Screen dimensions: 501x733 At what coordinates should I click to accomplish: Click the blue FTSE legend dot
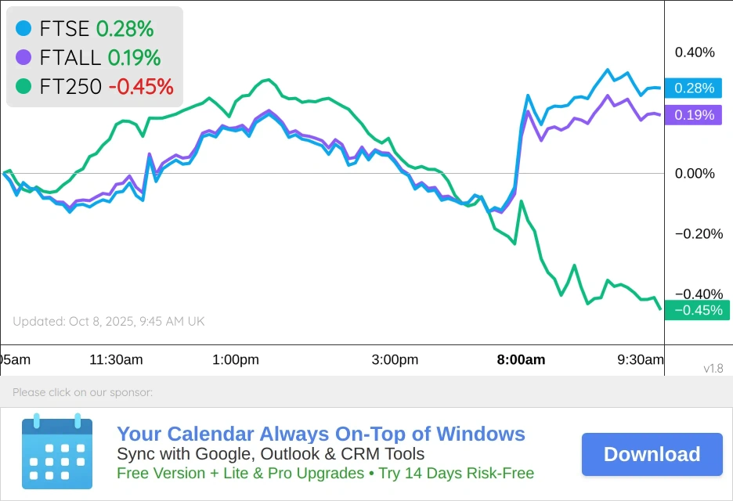click(x=23, y=29)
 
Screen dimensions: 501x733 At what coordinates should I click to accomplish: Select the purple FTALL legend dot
click(x=23, y=57)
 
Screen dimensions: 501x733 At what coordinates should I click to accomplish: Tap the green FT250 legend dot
click(x=23, y=86)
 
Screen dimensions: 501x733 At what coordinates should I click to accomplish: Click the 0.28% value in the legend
click(x=125, y=29)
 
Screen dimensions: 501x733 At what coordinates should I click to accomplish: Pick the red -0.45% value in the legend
click(x=140, y=86)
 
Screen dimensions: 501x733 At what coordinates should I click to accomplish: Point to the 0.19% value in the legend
click(x=134, y=57)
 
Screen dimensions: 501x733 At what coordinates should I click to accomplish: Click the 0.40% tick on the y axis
click(x=695, y=52)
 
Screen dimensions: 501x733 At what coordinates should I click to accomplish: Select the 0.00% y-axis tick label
click(x=695, y=173)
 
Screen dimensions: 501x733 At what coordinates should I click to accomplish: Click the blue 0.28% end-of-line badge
click(x=694, y=88)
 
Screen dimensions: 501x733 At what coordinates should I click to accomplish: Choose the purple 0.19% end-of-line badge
click(x=694, y=115)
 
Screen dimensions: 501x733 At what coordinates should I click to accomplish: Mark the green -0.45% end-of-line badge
click(x=697, y=310)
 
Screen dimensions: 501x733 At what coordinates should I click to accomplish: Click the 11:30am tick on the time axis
click(x=116, y=360)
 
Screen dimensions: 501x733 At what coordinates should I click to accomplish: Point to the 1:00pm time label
click(x=235, y=360)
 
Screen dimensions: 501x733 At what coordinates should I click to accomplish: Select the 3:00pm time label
click(x=395, y=360)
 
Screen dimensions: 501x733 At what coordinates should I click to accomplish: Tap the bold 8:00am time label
click(x=521, y=360)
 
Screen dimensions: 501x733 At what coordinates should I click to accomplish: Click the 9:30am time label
click(x=641, y=360)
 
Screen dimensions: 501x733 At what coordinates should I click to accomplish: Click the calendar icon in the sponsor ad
click(x=57, y=452)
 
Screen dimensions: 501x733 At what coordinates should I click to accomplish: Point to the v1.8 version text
click(x=713, y=369)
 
